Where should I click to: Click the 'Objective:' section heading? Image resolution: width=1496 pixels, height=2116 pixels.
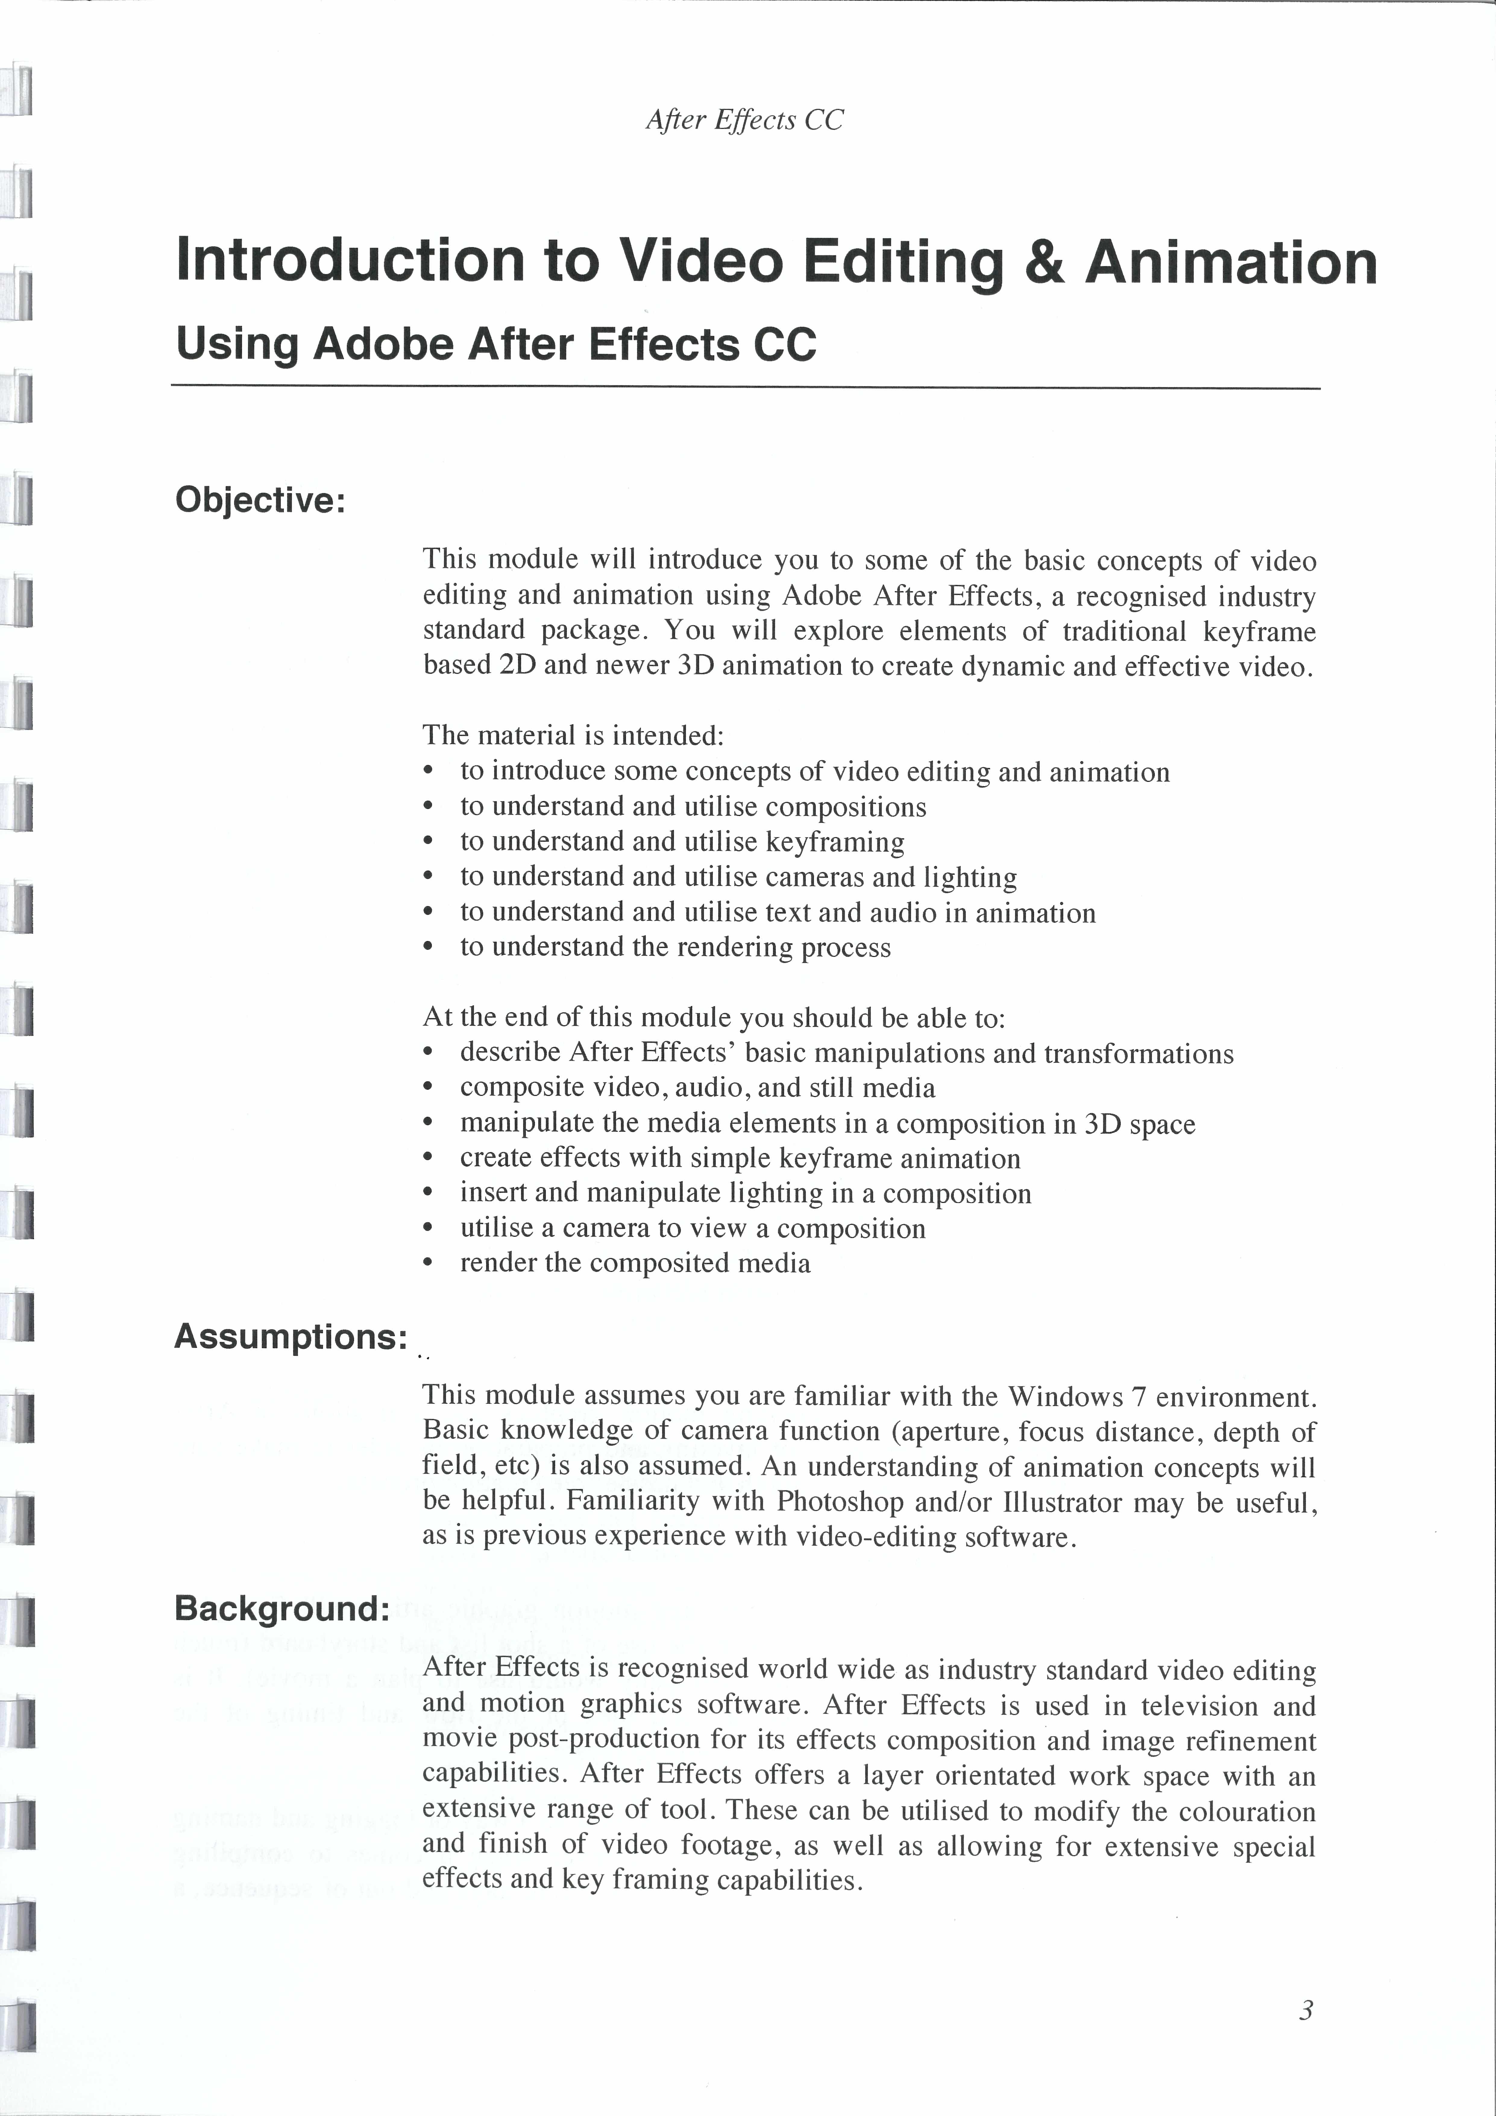click(260, 500)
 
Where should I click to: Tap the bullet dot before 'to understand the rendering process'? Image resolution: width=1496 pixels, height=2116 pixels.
click(427, 947)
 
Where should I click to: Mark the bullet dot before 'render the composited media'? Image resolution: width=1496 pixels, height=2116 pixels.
click(427, 1264)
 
